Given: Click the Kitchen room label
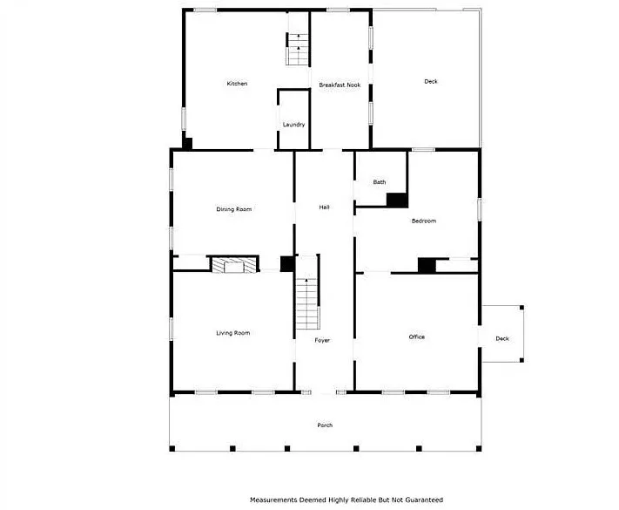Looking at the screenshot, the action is [237, 84].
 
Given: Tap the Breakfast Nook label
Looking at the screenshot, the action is [340, 85].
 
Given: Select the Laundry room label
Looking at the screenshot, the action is [293, 125].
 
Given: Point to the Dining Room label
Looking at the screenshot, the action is [233, 209].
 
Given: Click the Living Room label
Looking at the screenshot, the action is [233, 333].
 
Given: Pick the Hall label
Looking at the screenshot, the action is [324, 207].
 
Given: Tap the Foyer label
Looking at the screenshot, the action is [322, 340].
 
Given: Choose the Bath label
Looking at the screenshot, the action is [380, 182].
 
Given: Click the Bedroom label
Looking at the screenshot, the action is [424, 221].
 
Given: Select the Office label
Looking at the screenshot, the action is [417, 337].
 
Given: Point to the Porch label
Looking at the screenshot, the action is [325, 425].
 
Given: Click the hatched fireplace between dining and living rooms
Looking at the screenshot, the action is [234, 265].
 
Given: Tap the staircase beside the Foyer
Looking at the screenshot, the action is [307, 303].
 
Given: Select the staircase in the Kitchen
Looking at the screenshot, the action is [298, 50].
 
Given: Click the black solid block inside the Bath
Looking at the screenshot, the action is [397, 200].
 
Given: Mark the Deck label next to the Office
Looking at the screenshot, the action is [502, 339].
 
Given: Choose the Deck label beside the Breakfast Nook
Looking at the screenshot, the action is [431, 81].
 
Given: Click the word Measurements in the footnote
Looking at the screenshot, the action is [273, 500].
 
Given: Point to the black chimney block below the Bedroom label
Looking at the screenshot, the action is [427, 265].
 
